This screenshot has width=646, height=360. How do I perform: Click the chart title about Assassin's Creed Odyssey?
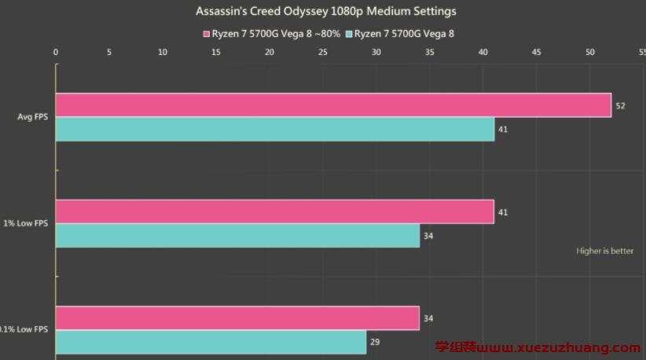[x=325, y=12]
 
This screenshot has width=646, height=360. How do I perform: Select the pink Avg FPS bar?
[x=333, y=105]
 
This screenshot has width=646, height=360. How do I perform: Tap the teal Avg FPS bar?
[x=275, y=129]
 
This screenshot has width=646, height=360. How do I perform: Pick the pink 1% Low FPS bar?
[x=274, y=211]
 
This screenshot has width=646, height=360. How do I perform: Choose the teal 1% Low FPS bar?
[x=237, y=236]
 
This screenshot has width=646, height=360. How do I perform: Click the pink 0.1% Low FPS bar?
[x=237, y=318]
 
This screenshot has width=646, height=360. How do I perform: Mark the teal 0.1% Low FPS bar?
[x=211, y=342]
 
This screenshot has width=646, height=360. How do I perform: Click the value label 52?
[x=620, y=105]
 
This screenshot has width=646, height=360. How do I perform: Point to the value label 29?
[x=375, y=343]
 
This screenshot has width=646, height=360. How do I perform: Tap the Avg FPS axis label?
[x=32, y=117]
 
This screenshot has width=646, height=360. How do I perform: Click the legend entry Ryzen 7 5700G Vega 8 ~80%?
[x=272, y=34]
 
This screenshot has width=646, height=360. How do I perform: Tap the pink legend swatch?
[x=207, y=34]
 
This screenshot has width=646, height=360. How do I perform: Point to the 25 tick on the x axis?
[x=323, y=53]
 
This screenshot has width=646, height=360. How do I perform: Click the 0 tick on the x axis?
[x=56, y=53]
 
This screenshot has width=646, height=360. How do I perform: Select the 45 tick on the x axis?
[x=537, y=53]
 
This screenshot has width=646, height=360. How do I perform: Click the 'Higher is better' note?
[x=604, y=252]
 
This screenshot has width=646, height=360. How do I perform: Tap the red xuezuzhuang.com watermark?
[x=538, y=347]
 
